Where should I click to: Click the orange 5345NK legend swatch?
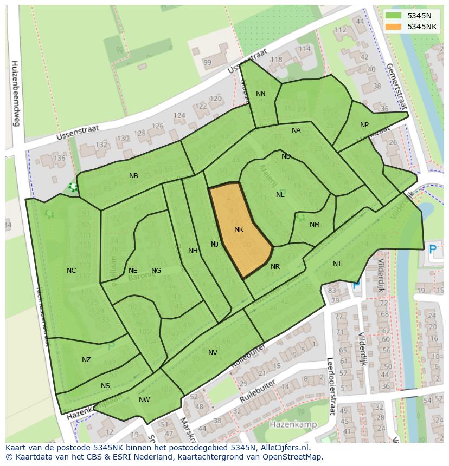394,27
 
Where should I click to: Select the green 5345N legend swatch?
394,16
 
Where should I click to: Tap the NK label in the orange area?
239,229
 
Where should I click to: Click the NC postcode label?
71,271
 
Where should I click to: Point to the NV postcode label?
213,353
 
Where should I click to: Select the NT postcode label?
337,264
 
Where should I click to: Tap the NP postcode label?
364,125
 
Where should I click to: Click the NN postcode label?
261,94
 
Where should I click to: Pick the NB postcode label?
133,176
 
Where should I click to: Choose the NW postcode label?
144,400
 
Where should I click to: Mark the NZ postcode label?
86,360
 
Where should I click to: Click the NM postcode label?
315,225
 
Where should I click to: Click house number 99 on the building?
207,62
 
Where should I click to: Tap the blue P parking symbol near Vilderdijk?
432,250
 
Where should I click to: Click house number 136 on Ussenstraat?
59,159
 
